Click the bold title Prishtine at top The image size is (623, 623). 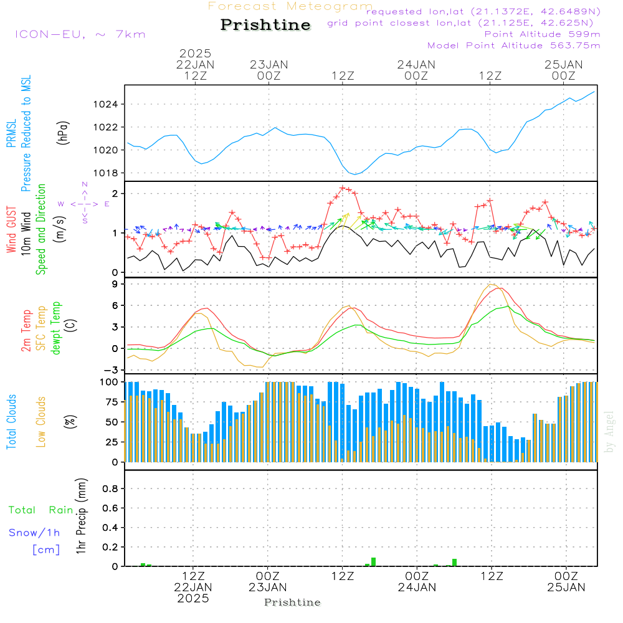point(265,25)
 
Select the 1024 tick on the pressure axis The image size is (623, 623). point(105,105)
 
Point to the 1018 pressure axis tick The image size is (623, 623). point(105,173)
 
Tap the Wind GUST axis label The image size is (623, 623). point(11,229)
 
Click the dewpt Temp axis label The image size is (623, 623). point(55,328)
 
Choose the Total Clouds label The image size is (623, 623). point(11,422)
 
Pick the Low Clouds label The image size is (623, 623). point(41,422)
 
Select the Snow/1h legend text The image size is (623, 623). point(34,533)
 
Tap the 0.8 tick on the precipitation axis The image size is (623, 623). point(110,488)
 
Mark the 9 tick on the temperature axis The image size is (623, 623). point(115,284)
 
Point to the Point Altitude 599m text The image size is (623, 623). point(543,34)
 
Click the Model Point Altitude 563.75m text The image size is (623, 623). point(514,45)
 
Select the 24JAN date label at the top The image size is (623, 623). point(416,64)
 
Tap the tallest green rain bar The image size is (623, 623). point(373,562)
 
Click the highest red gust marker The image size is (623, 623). point(343,188)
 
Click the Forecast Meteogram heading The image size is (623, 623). point(290,6)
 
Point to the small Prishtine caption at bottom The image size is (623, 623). point(292,602)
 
